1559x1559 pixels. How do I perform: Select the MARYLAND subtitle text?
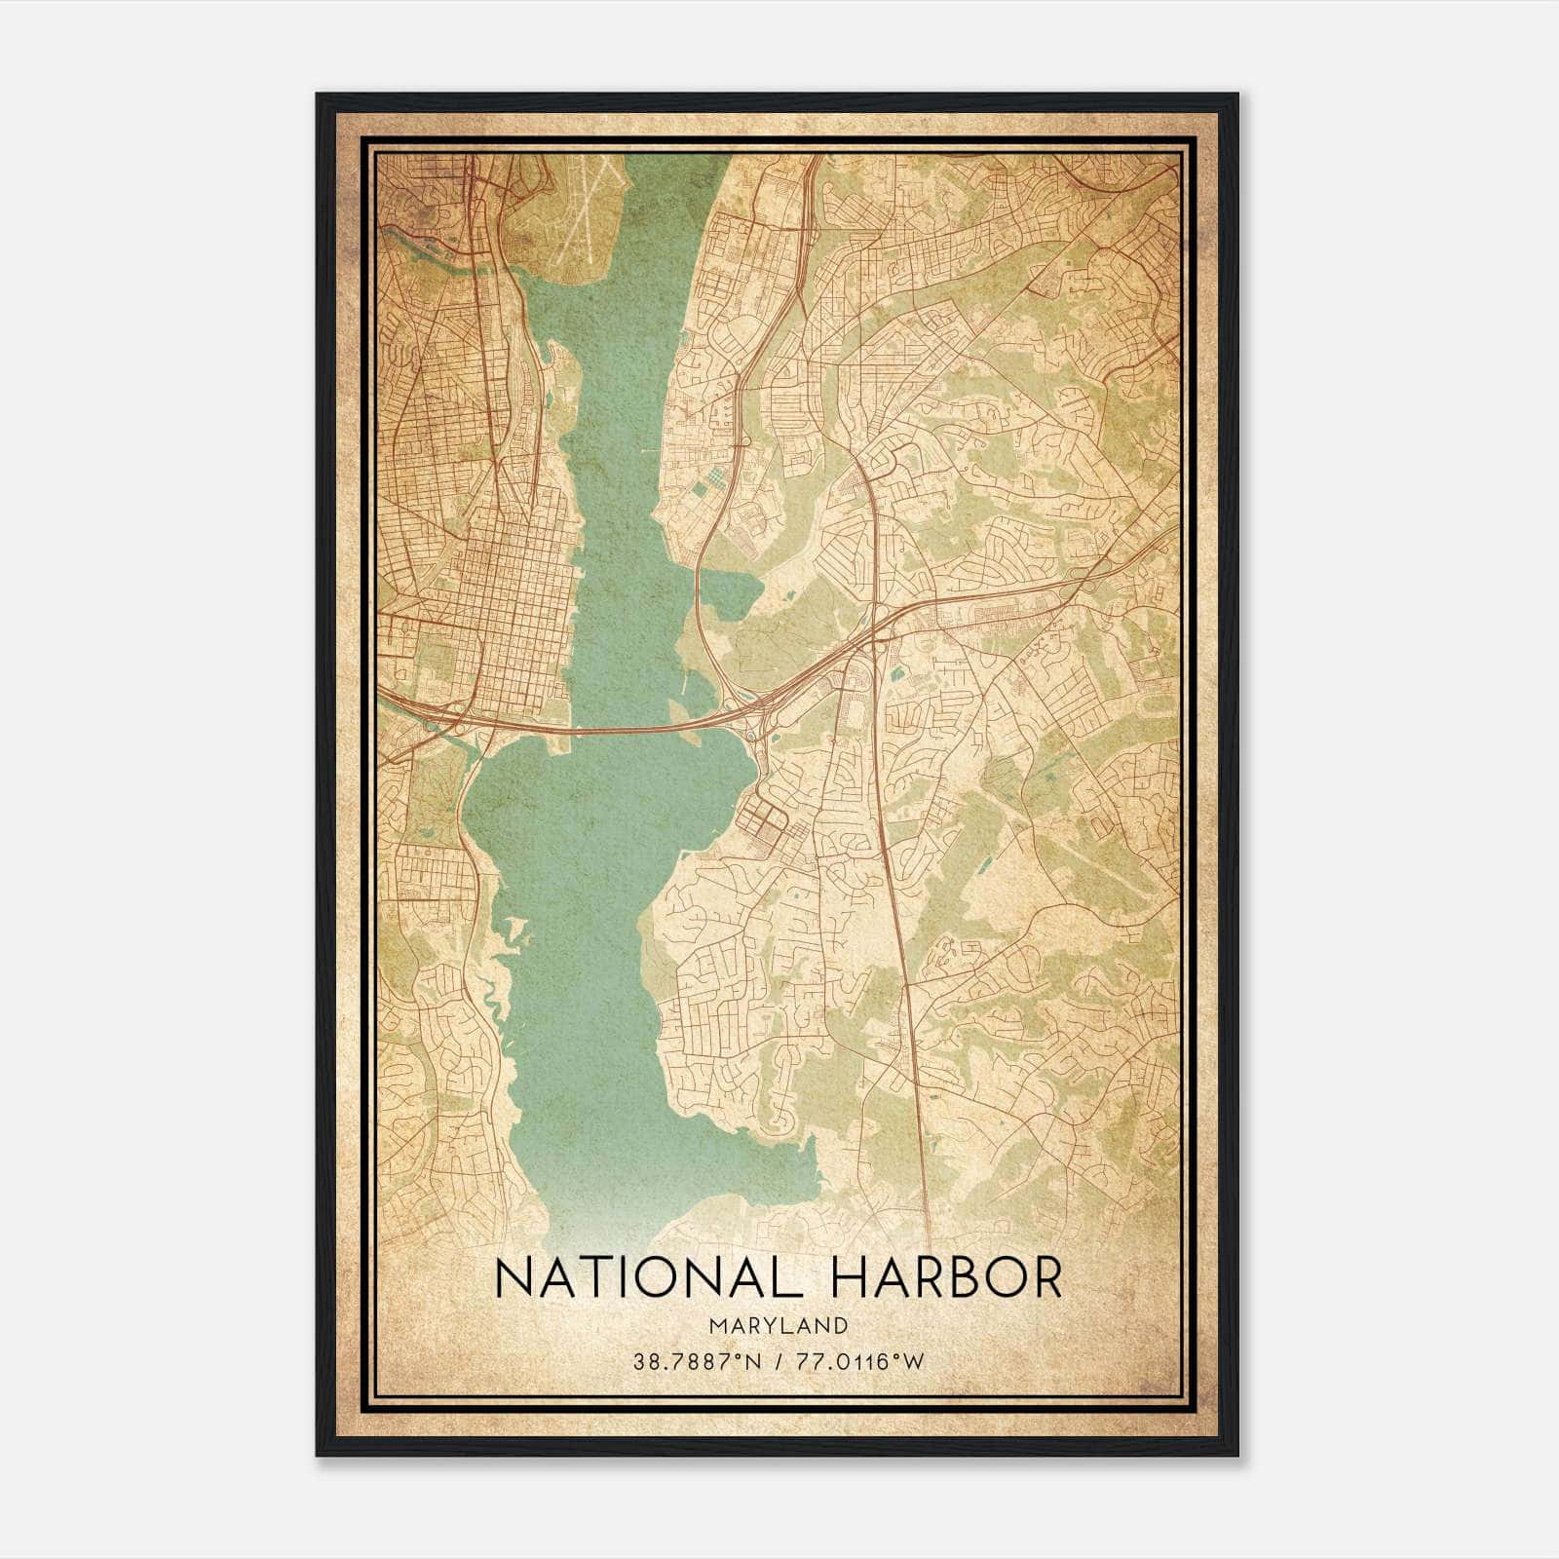pyautogui.click(x=779, y=1325)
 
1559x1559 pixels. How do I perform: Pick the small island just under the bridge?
pyautogui.click(x=561, y=745)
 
